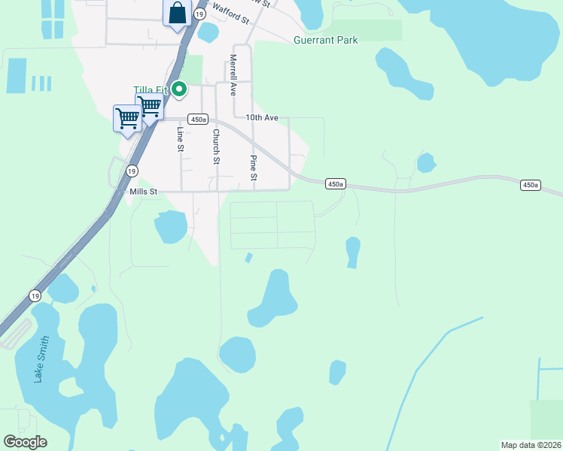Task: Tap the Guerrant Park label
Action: pyautogui.click(x=326, y=40)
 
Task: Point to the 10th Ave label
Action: pyautogui.click(x=262, y=118)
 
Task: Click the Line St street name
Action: pyautogui.click(x=181, y=139)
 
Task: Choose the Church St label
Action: pyautogui.click(x=216, y=147)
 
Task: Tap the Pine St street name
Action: pyautogui.click(x=254, y=168)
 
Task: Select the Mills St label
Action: pyautogui.click(x=143, y=192)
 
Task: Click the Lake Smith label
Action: pyautogui.click(x=42, y=359)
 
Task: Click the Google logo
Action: pyautogui.click(x=25, y=442)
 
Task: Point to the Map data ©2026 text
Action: pyautogui.click(x=531, y=445)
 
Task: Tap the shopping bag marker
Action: pyautogui.click(x=177, y=14)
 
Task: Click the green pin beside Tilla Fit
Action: pyautogui.click(x=179, y=90)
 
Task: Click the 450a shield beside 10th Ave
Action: pyautogui.click(x=198, y=119)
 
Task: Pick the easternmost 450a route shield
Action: pyautogui.click(x=531, y=185)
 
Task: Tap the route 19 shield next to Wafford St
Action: pyautogui.click(x=199, y=14)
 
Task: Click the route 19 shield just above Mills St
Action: pyautogui.click(x=132, y=171)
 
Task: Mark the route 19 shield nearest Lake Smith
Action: pyautogui.click(x=35, y=296)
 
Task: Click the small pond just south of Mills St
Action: pyautogui.click(x=171, y=226)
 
